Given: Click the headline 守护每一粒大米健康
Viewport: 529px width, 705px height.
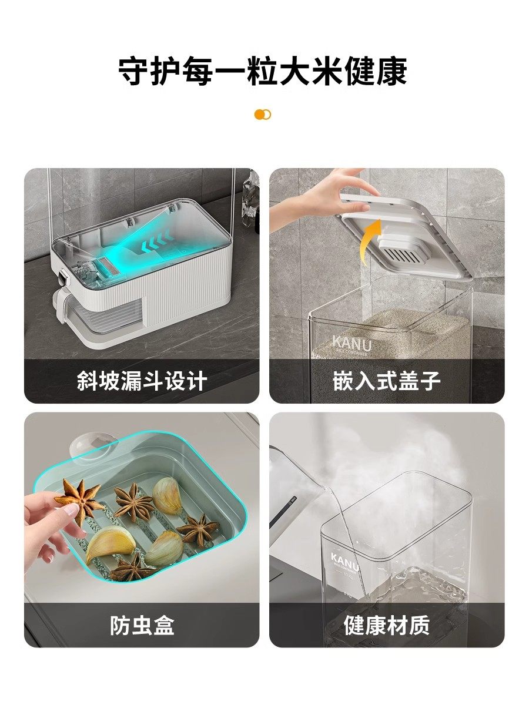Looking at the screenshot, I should point(263,72).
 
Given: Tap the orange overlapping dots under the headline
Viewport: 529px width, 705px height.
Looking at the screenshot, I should point(263,115).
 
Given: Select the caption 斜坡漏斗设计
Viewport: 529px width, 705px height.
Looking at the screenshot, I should point(142,381).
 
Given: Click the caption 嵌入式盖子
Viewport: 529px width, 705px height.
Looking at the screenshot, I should point(386,381).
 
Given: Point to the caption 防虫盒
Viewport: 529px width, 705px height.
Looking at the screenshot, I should point(142,625).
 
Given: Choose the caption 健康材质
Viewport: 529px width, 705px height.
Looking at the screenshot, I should point(386,625).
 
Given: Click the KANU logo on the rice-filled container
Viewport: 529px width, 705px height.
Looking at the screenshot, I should point(352,343).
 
